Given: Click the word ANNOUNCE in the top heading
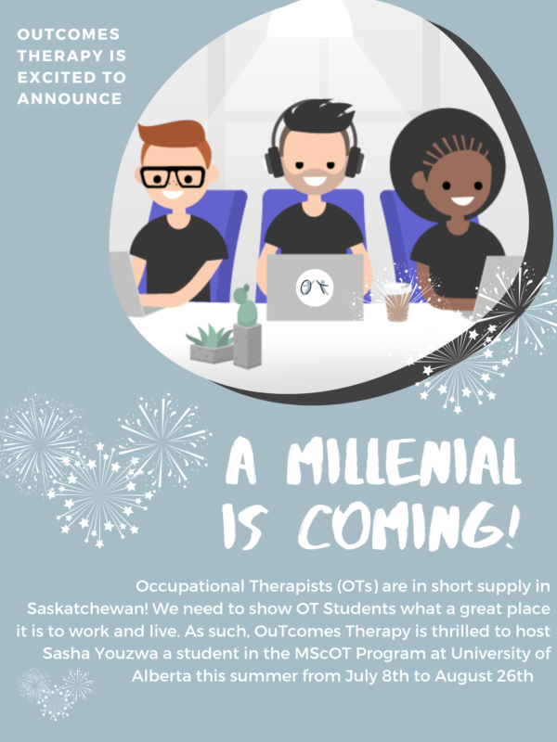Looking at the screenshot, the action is coord(70,98).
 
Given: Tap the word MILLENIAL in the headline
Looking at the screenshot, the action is coord(404,461).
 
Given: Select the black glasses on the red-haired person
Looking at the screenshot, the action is coord(174,177).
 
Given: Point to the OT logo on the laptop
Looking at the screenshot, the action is coord(315,288).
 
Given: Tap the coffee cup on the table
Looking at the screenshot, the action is coord(397,301).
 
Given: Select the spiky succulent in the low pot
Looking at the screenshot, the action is coord(212,336).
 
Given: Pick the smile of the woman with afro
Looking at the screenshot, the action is coord(461,200).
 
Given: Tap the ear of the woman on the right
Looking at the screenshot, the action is coord(419,180).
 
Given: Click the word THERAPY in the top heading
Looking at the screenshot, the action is coord(52,56).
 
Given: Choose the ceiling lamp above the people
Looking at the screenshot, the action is coord(310,19).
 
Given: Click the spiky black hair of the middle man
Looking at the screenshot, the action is coord(314,115).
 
